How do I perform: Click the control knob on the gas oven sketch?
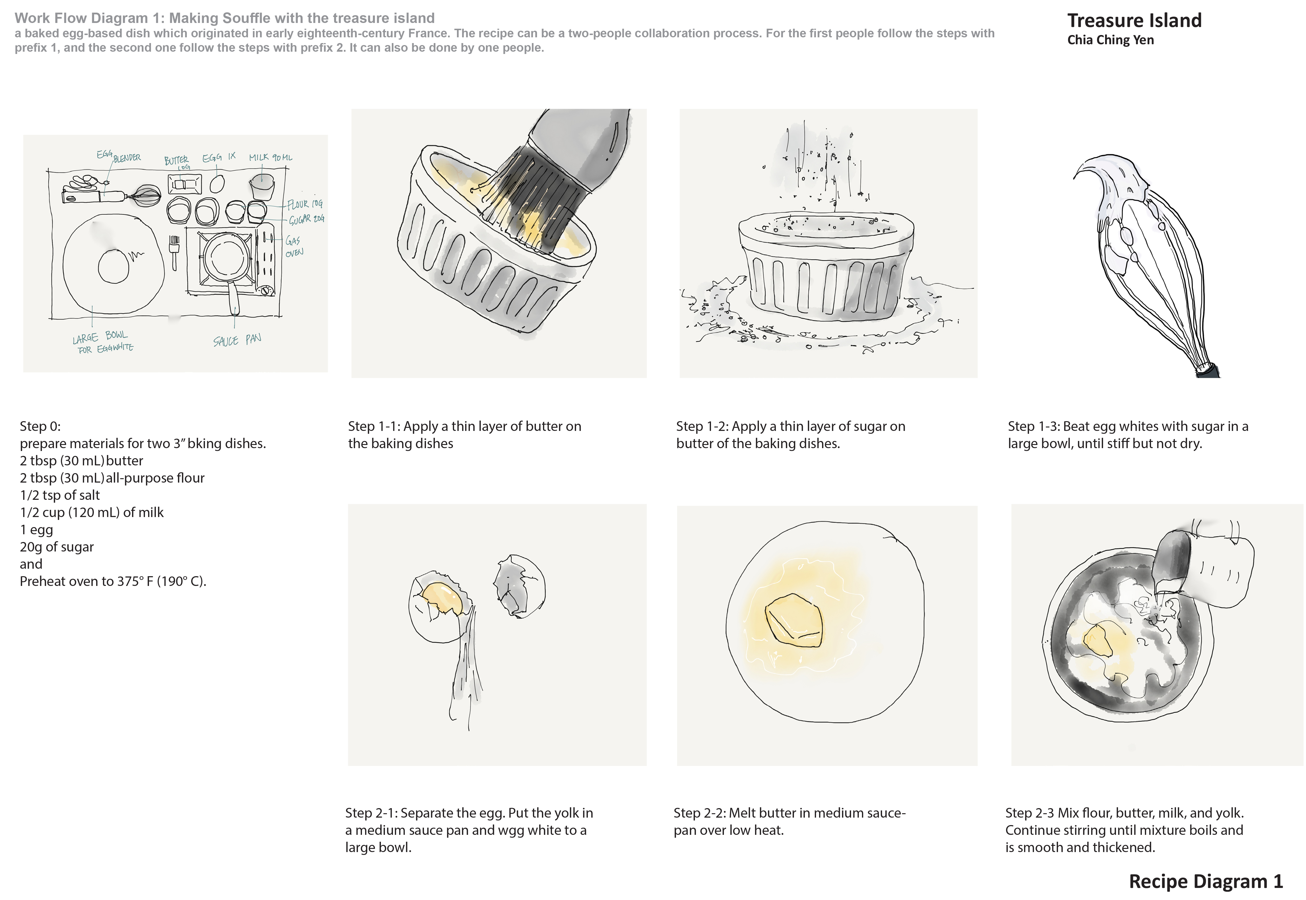click(264, 291)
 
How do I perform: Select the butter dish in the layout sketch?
click(184, 184)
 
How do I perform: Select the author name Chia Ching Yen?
click(1111, 40)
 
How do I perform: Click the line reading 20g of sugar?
click(57, 547)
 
